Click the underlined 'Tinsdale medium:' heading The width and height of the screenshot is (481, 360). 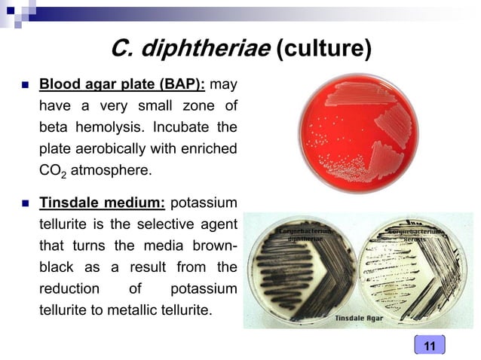coord(102,203)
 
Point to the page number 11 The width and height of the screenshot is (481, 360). coord(430,346)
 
